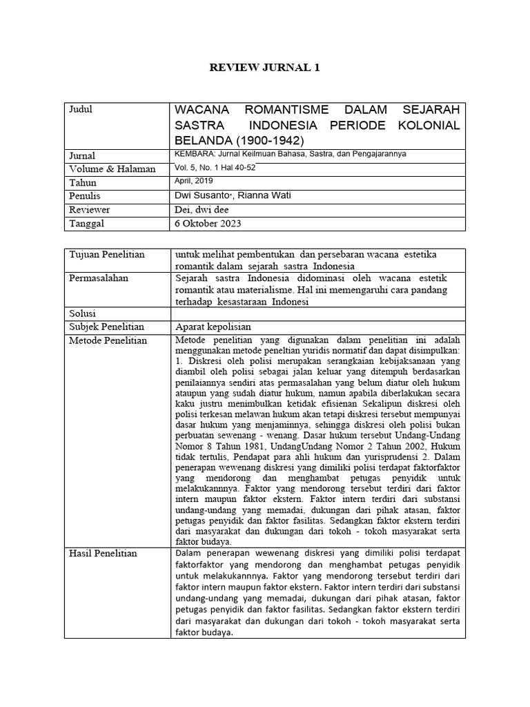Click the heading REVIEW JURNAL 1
265,68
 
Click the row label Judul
81,110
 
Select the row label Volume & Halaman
112,169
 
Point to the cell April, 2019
195,181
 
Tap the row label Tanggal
89,224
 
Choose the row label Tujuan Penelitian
107,255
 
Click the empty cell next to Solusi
317,313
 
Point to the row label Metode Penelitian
108,340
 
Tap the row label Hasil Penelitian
104,553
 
